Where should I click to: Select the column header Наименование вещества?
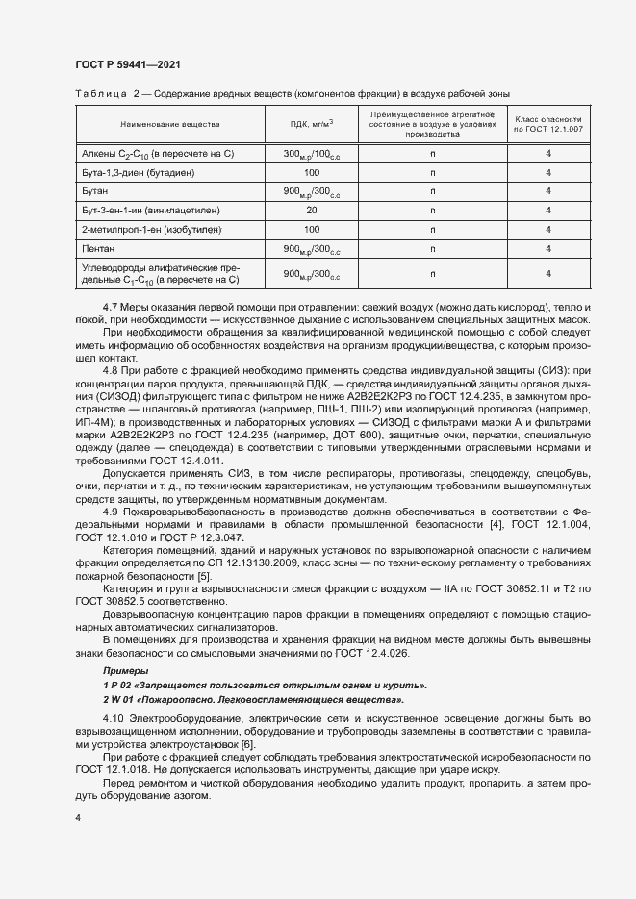[x=169, y=125]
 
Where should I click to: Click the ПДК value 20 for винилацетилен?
[x=312, y=209]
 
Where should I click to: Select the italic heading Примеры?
[x=125, y=669]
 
